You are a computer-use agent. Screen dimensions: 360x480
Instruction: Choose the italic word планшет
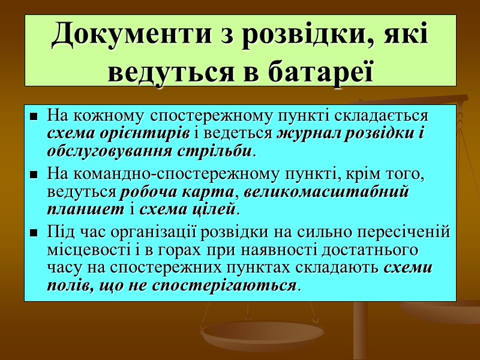pyautogui.click(x=82, y=210)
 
